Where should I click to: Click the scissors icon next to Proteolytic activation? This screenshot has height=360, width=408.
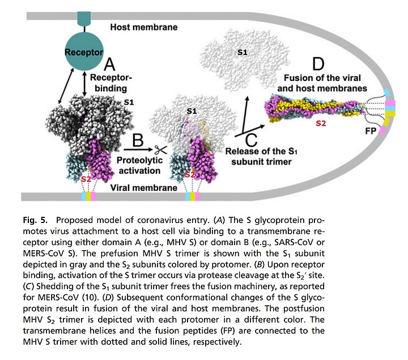pyautogui.click(x=161, y=150)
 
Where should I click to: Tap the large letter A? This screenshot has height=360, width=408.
pyautogui.click(x=109, y=64)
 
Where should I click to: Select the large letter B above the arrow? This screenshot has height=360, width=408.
pyautogui.click(x=138, y=140)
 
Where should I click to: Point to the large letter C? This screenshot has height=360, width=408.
pyautogui.click(x=252, y=140)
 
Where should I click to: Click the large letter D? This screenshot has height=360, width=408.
pyautogui.click(x=318, y=64)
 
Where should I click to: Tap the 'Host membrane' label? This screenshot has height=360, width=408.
pyautogui.click(x=144, y=27)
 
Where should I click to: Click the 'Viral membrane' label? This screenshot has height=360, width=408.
pyautogui.click(x=144, y=188)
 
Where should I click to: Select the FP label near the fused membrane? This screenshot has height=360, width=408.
pyautogui.click(x=371, y=131)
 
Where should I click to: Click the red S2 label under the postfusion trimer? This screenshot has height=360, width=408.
pyautogui.click(x=321, y=123)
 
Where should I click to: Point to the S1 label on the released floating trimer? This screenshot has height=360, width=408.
pyautogui.click(x=243, y=52)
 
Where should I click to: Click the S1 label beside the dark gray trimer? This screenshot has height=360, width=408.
pyautogui.click(x=129, y=102)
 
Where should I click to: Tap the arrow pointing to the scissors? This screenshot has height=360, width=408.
pyautogui.click(x=138, y=150)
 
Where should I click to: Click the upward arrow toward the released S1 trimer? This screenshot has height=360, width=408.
pyautogui.click(x=245, y=115)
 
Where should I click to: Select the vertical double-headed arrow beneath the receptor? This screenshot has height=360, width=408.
pyautogui.click(x=84, y=84)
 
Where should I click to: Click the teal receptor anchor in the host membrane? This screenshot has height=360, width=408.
pyautogui.click(x=84, y=18)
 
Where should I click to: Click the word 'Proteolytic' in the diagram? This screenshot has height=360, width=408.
pyautogui.click(x=140, y=160)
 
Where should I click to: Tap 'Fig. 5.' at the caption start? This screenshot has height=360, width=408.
pyautogui.click(x=35, y=220)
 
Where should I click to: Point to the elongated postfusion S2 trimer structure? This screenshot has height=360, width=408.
pyautogui.click(x=314, y=107)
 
